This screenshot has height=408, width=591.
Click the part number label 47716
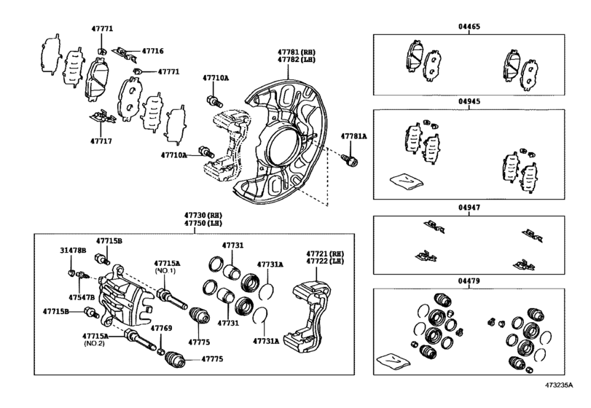click(152, 52)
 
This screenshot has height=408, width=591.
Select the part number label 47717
click(101, 141)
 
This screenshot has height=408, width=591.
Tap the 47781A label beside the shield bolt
click(354, 136)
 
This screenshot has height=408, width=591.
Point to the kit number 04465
click(470, 26)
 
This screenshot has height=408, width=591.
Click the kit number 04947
click(470, 208)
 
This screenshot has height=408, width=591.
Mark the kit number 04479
click(470, 280)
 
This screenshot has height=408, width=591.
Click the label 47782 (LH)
click(294, 61)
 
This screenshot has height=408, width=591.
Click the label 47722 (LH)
click(323, 261)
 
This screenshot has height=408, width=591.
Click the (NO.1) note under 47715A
click(165, 271)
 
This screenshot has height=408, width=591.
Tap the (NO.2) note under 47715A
click(93, 345)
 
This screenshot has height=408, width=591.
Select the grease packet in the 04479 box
click(392, 360)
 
